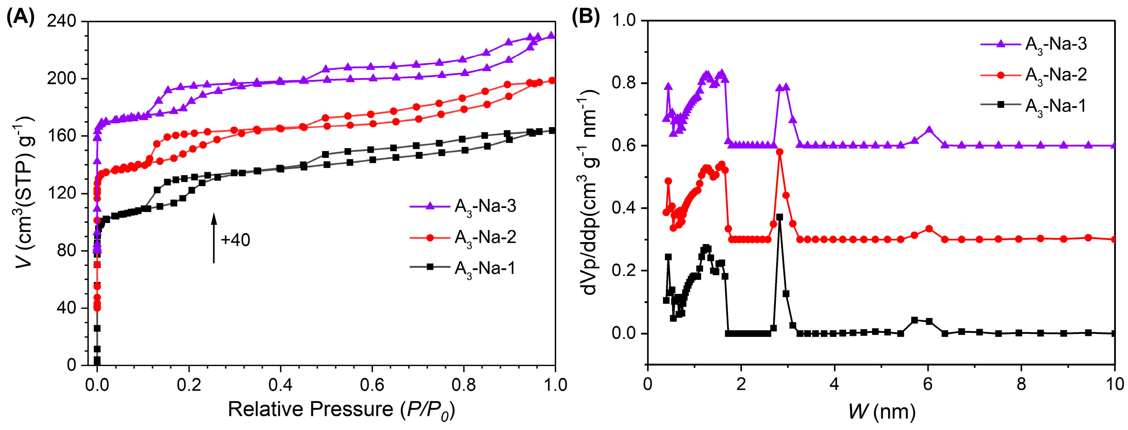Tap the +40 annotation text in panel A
coord(235,240)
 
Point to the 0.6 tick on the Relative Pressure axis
coord(372,385)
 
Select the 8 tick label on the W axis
coord(1021,384)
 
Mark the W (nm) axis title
coord(881,411)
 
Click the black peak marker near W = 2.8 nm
coord(779,217)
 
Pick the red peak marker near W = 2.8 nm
coord(779,152)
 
